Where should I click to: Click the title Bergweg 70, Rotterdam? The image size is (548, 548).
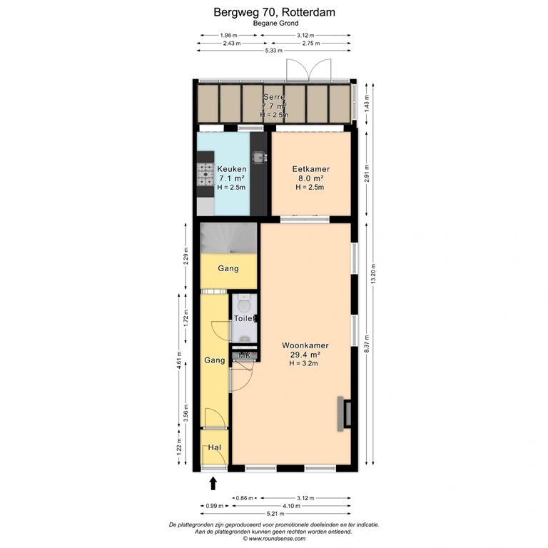(274, 12)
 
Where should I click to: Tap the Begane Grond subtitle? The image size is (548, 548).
(275, 24)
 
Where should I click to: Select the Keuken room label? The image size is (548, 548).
(232, 169)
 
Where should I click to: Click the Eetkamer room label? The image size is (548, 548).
(310, 169)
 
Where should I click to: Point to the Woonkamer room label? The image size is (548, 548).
(305, 345)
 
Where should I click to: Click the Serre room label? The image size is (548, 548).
(274, 97)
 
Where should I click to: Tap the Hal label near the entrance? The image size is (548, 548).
(214, 447)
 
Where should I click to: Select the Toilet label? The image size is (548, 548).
(244, 318)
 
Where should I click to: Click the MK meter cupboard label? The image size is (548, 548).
(244, 356)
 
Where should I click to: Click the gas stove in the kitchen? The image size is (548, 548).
(205, 174)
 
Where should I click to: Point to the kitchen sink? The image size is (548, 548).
(259, 157)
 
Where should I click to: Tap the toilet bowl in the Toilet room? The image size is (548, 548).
(244, 303)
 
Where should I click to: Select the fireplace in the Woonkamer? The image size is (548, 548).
(344, 414)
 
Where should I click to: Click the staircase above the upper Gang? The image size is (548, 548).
(228, 238)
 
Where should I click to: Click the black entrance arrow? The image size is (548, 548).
(213, 484)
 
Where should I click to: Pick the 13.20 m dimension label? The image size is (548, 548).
(373, 274)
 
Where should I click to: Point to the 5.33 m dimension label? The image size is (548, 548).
(274, 51)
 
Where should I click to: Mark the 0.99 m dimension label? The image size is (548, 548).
(214, 506)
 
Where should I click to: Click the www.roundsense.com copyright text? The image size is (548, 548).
(274, 539)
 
